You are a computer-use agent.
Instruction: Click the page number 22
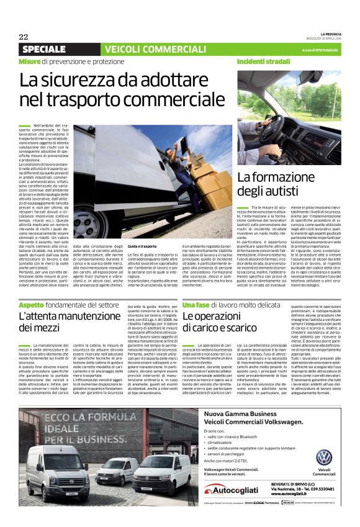pyautogui.click(x=24, y=37)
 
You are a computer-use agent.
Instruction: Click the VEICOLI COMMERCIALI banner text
pyautogui.click(x=146, y=49)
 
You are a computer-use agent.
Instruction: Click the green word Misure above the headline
pyautogui.click(x=29, y=62)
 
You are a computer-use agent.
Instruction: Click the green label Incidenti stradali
pyautogui.click(x=263, y=62)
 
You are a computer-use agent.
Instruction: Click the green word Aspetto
pyautogui.click(x=31, y=305)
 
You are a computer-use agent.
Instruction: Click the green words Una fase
pyautogui.click(x=196, y=305)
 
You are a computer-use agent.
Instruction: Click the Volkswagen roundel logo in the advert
pyautogui.click(x=324, y=457)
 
